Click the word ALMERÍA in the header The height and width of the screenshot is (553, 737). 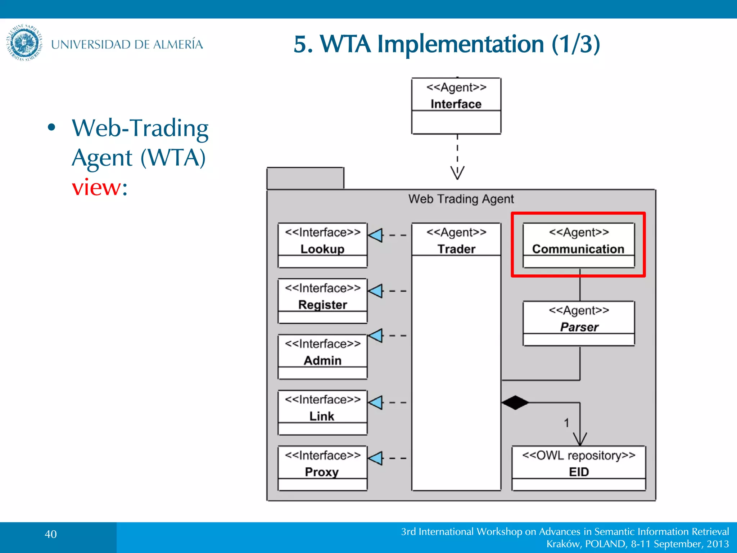178,44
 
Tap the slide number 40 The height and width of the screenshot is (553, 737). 51,534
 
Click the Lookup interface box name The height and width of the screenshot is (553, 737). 322,249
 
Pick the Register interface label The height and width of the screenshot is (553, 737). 322,305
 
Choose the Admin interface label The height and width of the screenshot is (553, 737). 322,360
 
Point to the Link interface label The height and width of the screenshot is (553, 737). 322,416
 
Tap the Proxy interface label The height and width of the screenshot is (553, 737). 322,472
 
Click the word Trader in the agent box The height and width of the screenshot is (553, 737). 456,249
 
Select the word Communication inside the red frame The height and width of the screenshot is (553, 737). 578,249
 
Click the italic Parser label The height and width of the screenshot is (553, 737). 579,327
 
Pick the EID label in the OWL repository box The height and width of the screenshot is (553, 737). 579,472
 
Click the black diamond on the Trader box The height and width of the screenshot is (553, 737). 515,403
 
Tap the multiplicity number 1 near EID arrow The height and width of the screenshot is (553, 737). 566,423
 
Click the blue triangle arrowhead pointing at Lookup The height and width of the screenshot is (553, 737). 376,235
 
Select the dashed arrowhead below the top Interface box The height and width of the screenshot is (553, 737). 457,172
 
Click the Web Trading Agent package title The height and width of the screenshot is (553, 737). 461,199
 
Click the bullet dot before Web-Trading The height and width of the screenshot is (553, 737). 52,127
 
